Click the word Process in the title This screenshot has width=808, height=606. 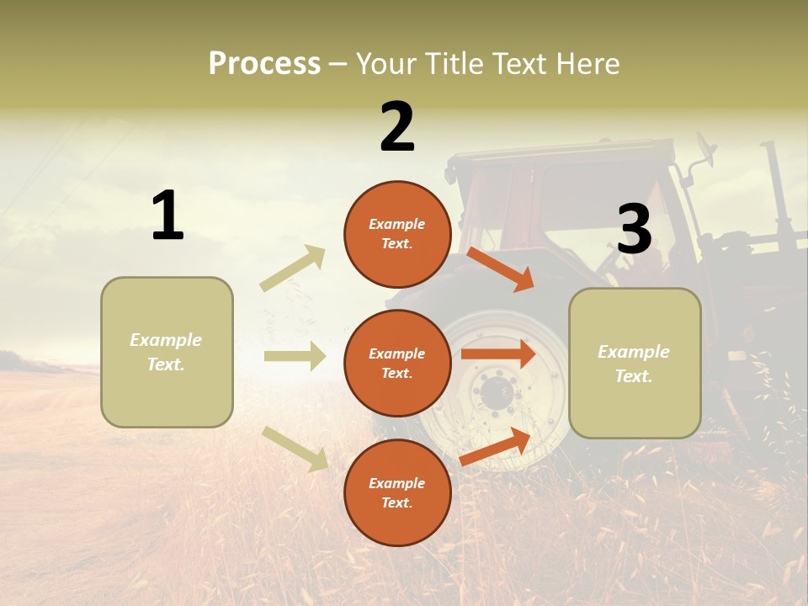point(264,64)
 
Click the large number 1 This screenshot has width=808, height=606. point(167,215)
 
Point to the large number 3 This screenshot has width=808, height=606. point(635,229)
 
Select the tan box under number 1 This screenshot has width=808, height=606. point(167,352)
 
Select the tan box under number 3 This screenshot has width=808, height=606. point(635,363)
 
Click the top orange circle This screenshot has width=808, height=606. point(397,234)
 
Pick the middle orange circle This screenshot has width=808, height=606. point(397,363)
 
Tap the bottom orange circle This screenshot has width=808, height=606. point(397,492)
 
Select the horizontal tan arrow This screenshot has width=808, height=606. point(295,356)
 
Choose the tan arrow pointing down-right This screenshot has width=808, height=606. point(295,449)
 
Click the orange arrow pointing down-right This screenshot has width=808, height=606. point(500,268)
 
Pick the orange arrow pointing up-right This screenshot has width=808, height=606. point(495,447)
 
